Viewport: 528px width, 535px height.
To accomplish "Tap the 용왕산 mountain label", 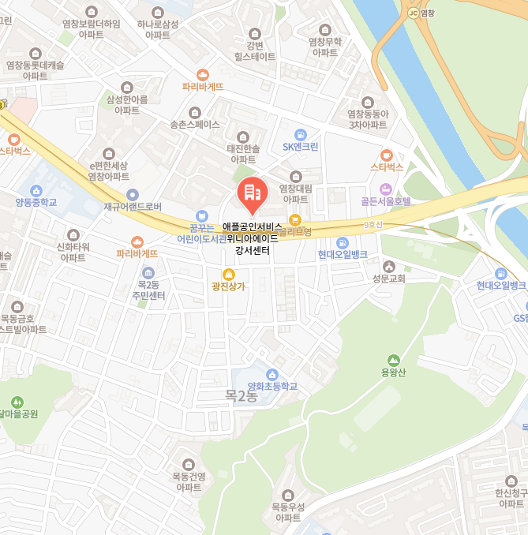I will coord(393,372).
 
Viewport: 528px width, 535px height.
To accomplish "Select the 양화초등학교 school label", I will coord(273,386).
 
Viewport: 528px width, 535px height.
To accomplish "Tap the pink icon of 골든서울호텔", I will coord(386,189).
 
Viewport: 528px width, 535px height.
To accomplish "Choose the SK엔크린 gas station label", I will coord(301,146).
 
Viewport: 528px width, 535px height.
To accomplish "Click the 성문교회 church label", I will coord(389,278).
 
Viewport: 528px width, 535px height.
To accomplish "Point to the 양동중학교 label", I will coord(36,202).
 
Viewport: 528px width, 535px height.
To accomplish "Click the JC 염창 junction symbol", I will coord(413,13).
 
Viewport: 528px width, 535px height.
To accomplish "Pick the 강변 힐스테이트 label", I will coord(255,51).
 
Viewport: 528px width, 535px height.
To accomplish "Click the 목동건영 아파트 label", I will coord(189,481).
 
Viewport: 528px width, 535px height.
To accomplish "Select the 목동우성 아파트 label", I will coord(287,512).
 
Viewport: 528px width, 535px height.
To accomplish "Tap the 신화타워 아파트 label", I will coord(73,252).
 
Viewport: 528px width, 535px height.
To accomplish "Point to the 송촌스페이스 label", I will coord(195,125).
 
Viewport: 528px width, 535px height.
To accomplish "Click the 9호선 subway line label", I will coord(373,225).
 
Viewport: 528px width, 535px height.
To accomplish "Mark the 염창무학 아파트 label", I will coord(324,47).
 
